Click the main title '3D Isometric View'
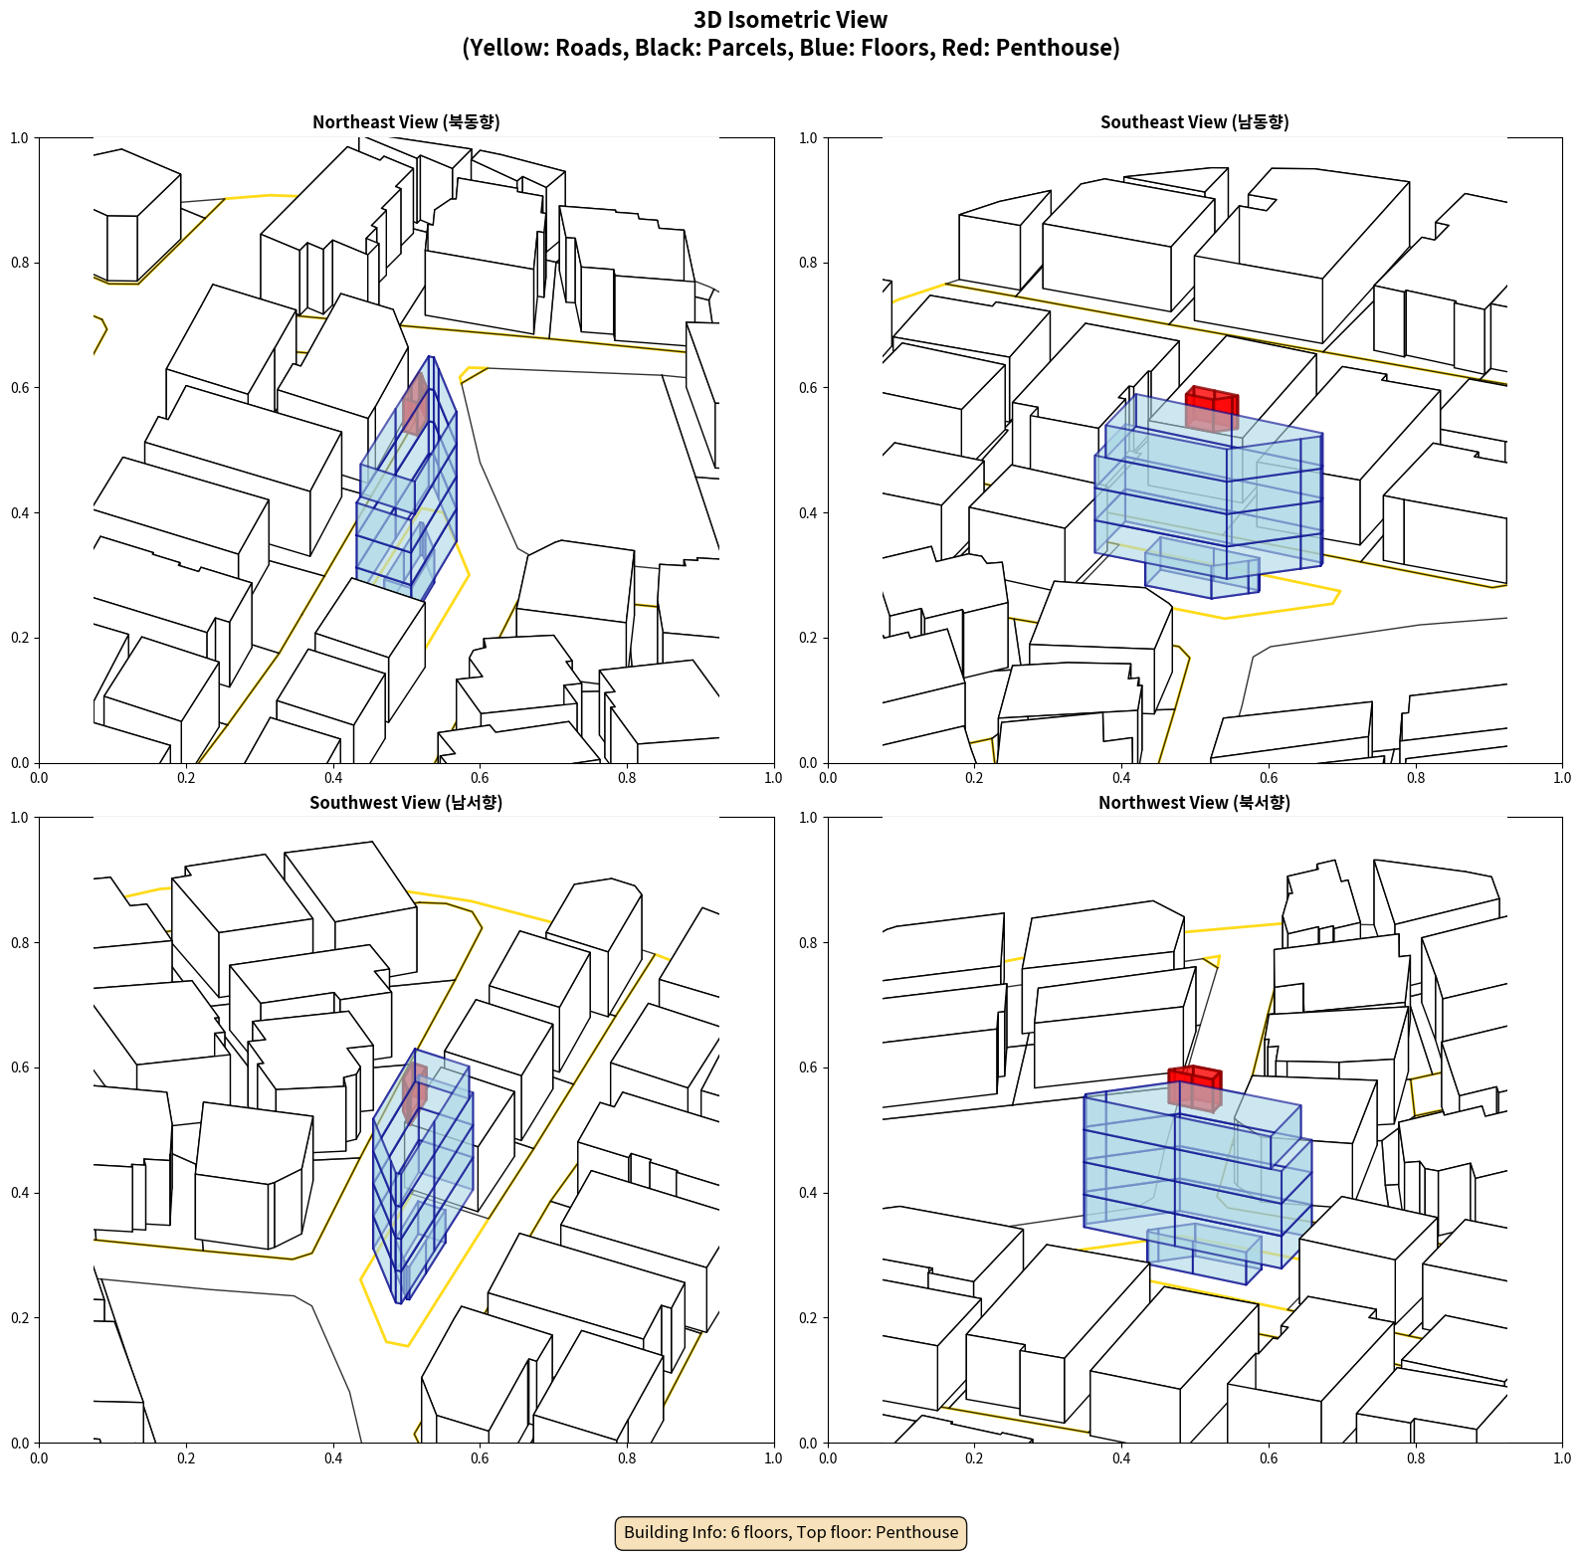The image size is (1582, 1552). click(790, 20)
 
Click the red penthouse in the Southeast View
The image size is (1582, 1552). click(1212, 408)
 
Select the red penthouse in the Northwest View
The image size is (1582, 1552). click(1194, 1087)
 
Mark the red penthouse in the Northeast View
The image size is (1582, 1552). click(415, 403)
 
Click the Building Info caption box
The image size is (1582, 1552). click(791, 1532)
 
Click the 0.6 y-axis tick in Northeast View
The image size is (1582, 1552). click(20, 388)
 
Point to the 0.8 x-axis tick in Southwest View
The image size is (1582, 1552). click(627, 1458)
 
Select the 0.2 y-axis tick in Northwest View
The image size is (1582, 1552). click(808, 1318)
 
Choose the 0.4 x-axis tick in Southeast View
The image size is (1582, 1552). click(1121, 778)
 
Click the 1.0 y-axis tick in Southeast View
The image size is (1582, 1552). click(808, 138)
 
